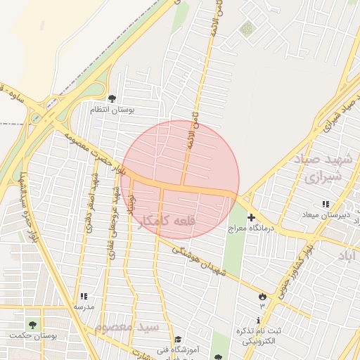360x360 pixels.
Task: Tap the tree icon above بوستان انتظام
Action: (x=112, y=98)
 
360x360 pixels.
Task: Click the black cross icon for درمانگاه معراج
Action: (x=251, y=218)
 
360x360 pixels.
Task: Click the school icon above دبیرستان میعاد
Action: (x=325, y=204)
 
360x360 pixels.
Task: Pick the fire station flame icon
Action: (x=263, y=296)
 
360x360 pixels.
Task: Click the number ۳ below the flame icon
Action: (x=263, y=306)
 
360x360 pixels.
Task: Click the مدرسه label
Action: (x=84, y=307)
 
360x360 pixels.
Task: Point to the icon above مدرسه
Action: (x=84, y=296)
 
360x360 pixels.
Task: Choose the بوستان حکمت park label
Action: (x=51, y=336)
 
